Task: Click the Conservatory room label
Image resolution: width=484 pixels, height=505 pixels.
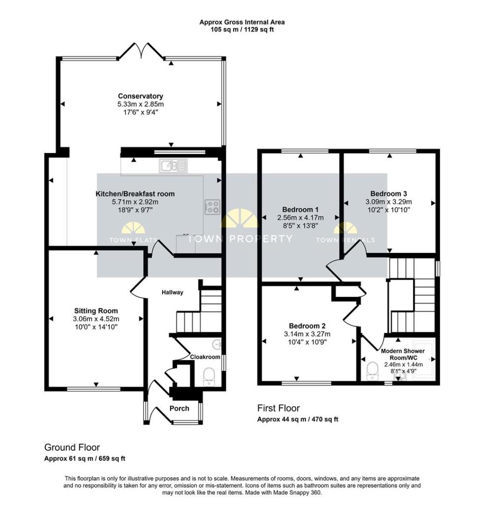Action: tap(140, 96)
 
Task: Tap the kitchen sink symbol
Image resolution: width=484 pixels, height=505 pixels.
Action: tap(173, 166)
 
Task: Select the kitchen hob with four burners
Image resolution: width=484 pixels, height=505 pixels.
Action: tap(212, 207)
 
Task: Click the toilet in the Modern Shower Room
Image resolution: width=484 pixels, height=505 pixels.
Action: tap(372, 370)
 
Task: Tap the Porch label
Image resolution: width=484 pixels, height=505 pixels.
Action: tap(179, 408)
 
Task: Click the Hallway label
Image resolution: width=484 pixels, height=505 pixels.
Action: tap(172, 292)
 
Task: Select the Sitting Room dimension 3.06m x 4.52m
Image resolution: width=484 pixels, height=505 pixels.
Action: tap(96, 319)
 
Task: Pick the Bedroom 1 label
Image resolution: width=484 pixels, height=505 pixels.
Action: tap(300, 209)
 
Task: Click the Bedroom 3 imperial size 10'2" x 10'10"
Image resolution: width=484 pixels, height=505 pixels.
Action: tap(388, 210)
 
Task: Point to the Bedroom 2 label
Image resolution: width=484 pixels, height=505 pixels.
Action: tap(307, 325)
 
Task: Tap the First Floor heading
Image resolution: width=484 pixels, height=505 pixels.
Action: tap(278, 408)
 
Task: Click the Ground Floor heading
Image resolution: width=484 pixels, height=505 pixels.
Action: tap(72, 447)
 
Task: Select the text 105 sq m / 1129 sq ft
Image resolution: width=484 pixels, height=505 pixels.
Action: tap(242, 30)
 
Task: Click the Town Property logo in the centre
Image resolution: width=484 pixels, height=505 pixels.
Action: tap(240, 226)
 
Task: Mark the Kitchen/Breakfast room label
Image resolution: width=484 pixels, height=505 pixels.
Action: tap(135, 194)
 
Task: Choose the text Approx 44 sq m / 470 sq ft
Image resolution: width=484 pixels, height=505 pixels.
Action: tap(298, 419)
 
